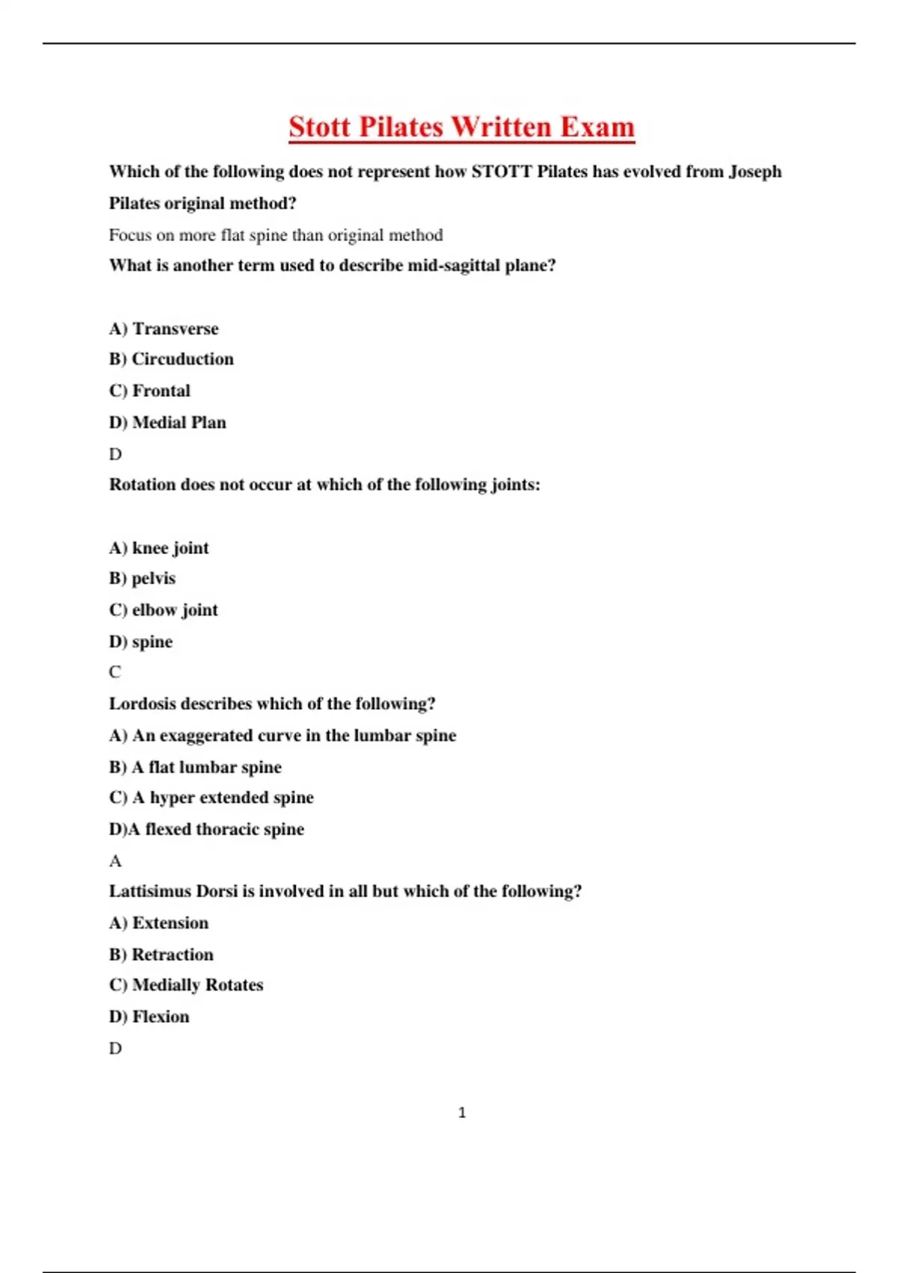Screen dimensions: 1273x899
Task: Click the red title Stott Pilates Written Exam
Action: tap(461, 127)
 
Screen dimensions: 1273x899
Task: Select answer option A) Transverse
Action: tap(164, 329)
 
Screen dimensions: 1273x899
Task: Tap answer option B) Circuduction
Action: tap(172, 359)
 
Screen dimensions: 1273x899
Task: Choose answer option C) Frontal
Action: tap(150, 391)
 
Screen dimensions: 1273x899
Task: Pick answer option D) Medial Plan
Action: tap(168, 422)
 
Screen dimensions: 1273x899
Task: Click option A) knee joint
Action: tap(159, 548)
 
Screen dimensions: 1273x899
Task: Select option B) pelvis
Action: tap(142, 579)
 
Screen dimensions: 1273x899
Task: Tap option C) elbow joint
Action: tap(163, 610)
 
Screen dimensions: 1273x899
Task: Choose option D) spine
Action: tap(141, 642)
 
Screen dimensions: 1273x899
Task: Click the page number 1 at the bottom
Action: tap(461, 1113)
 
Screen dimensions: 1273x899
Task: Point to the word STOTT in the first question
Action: tap(501, 171)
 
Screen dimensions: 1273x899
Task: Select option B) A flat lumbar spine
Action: tap(196, 767)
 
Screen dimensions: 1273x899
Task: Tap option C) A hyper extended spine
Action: tap(211, 797)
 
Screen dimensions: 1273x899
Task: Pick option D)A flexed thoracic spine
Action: tap(207, 829)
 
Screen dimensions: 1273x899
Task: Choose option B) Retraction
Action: tap(161, 955)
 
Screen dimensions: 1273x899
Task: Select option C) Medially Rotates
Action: tap(187, 985)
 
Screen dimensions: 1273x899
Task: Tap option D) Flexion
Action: tap(149, 1017)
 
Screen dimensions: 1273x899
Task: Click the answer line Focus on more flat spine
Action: tap(276, 235)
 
